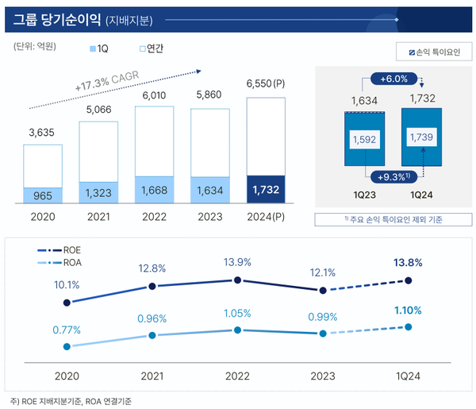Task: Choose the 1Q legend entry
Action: coord(98,48)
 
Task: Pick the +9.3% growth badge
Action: coord(393,176)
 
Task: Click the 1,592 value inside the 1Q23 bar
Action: coord(364,140)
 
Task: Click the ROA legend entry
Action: coord(59,262)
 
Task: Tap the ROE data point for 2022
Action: coord(237,280)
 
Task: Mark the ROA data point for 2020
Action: coord(67,346)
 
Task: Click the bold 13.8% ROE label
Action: coord(407,263)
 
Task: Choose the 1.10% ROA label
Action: coord(407,310)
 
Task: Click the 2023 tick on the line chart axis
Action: coord(322,376)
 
